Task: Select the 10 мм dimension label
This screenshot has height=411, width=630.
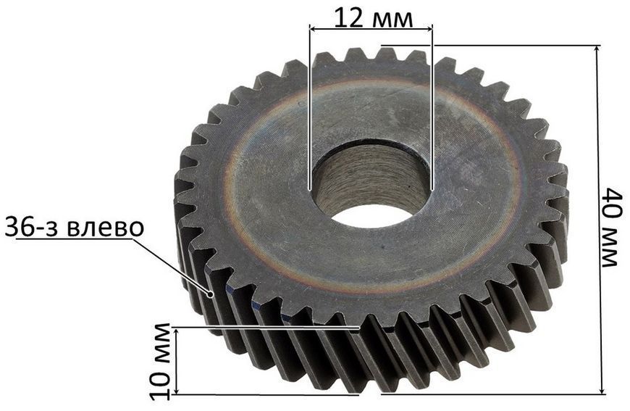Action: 161,362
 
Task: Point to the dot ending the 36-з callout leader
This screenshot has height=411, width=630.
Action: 210,295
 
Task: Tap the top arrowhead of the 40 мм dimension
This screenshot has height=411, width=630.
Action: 597,50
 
